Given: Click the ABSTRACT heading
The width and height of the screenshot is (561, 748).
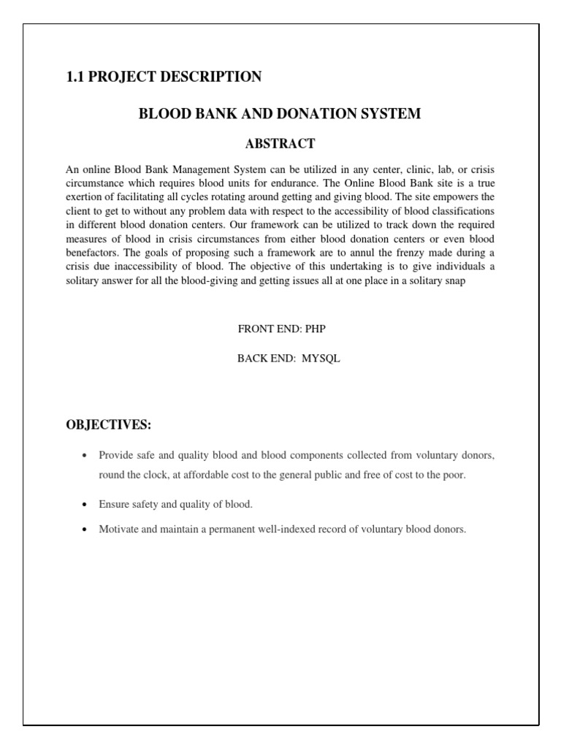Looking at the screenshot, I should (280, 143).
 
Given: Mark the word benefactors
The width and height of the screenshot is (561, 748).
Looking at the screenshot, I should (91, 253).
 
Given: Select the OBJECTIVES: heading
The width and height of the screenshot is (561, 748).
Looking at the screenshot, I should (108, 426).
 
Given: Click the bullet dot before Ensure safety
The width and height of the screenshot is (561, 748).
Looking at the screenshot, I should (85, 505).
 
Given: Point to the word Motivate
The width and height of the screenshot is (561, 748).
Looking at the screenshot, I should (119, 530).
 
